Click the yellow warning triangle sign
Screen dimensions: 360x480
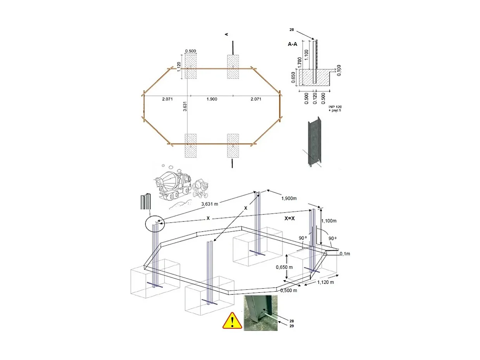[x=232, y=321]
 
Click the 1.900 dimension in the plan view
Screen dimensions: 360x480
[x=212, y=99]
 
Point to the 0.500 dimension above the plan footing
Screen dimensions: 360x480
[x=190, y=51]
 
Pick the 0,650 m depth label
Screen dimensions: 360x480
[x=284, y=267]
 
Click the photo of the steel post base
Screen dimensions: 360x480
[x=261, y=313]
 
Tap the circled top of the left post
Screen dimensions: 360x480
[x=154, y=224]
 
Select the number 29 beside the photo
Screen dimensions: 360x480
[x=291, y=326]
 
